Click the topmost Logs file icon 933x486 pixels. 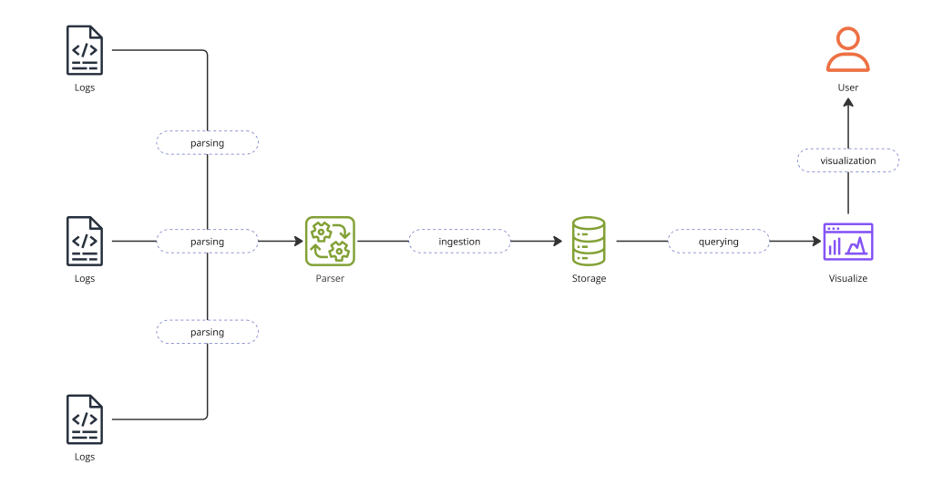[x=84, y=50]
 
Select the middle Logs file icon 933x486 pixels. [x=84, y=241]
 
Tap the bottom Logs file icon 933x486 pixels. [x=84, y=419]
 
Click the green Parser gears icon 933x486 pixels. [x=330, y=241]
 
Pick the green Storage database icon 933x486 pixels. [x=589, y=241]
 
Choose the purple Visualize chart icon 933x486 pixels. [x=847, y=241]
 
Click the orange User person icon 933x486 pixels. [x=847, y=50]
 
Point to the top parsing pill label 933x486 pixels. [x=208, y=143]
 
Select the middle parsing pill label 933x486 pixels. [x=208, y=242]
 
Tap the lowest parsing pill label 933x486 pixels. [x=208, y=332]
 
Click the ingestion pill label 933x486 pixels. [x=459, y=242]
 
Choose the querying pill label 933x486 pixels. [x=718, y=242]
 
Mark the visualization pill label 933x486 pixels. [x=847, y=160]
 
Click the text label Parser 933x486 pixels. [x=330, y=278]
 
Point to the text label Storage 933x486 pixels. [x=589, y=278]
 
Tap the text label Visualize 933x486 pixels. [x=847, y=278]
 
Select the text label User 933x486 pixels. [x=847, y=88]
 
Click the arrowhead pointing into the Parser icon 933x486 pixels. [x=297, y=242]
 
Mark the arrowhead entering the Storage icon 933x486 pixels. [x=556, y=242]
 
